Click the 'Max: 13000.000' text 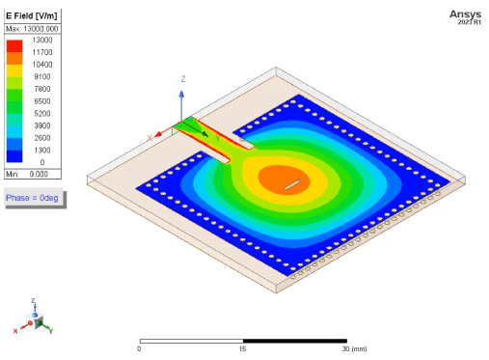tap(33, 29)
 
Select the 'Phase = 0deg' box tap(33, 197)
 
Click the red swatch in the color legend tap(15, 45)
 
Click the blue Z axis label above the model tap(182, 77)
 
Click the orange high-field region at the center tap(278, 178)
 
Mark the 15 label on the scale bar tap(243, 348)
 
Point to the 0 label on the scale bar tap(140, 348)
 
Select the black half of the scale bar tap(294, 340)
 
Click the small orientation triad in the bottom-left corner tap(36, 319)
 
